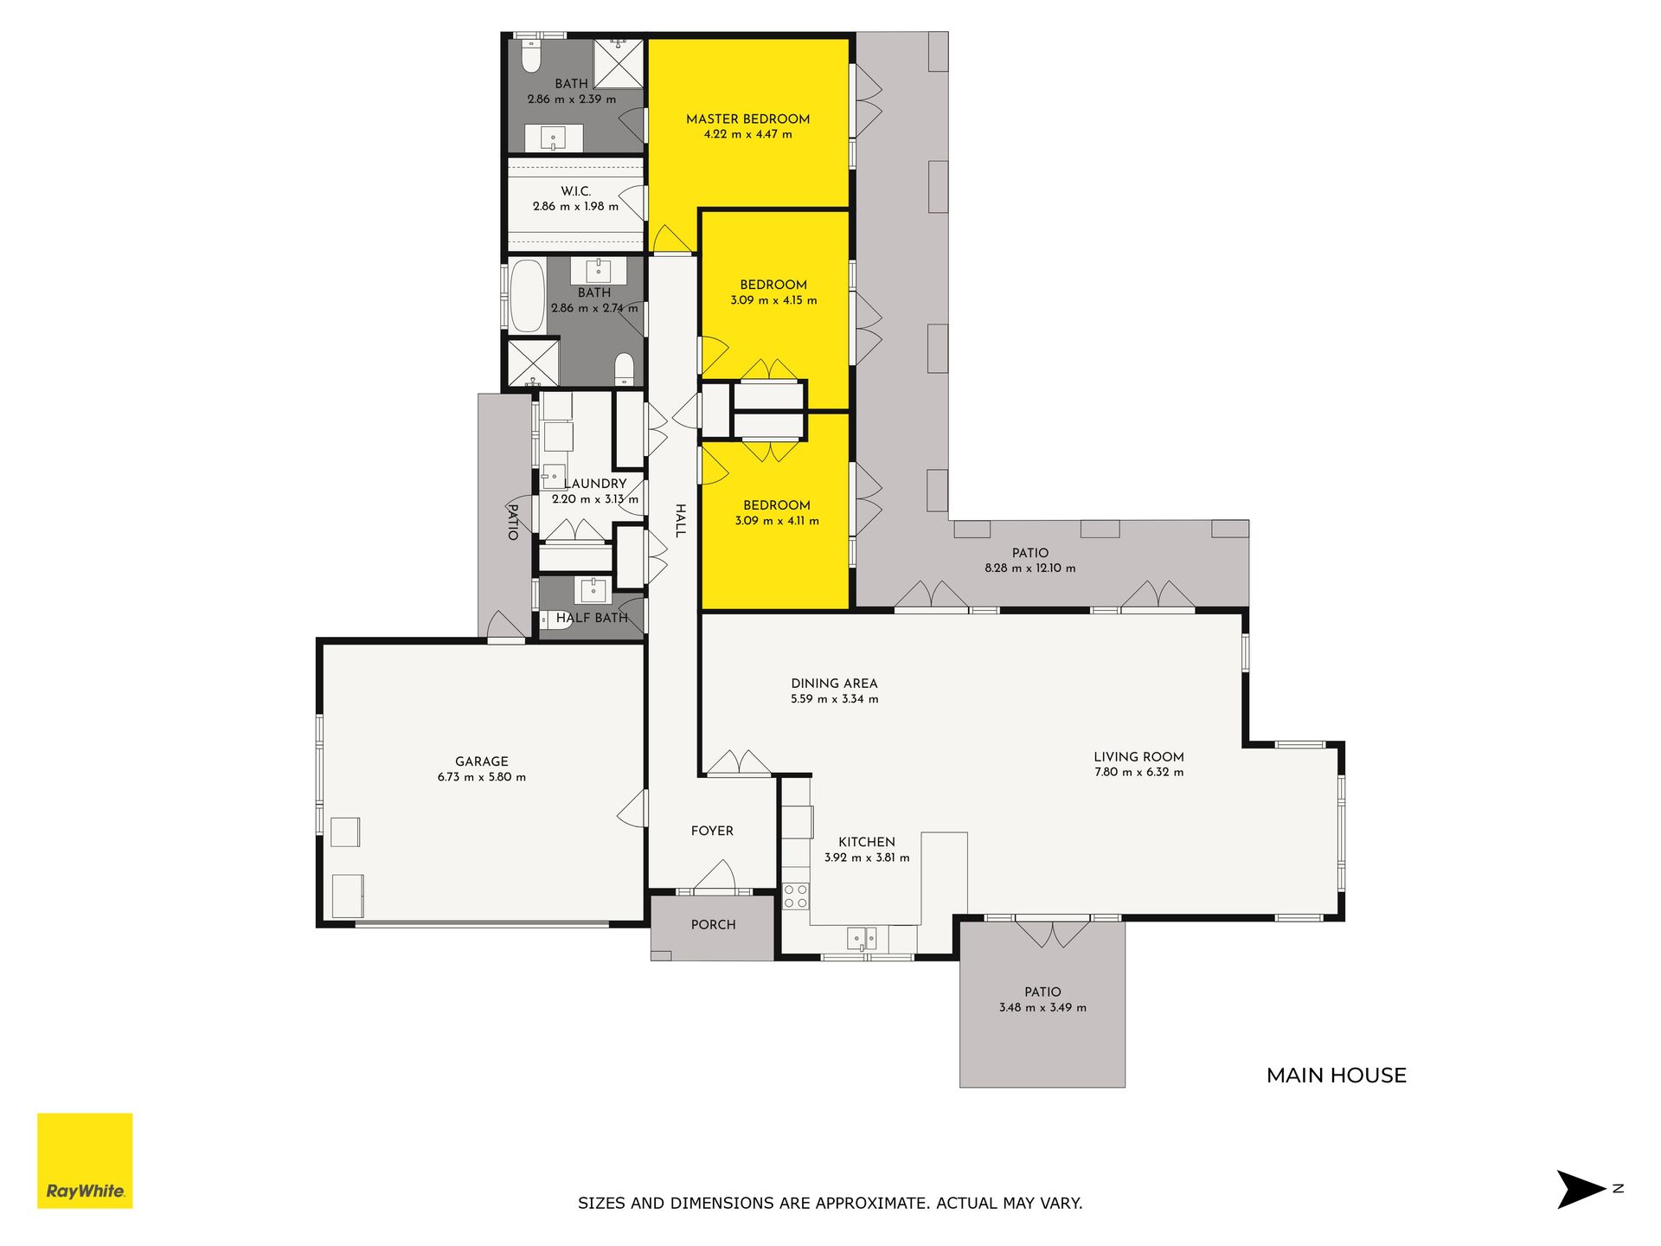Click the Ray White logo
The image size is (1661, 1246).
tap(85, 1160)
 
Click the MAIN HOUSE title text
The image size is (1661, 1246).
tap(1337, 1076)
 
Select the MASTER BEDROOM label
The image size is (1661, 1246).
tap(748, 119)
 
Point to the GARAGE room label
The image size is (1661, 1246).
tap(482, 761)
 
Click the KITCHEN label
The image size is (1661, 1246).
tap(867, 842)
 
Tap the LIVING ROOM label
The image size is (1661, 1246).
tap(1138, 757)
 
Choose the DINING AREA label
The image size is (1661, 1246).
tap(834, 684)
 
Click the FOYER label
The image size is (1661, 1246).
tap(712, 831)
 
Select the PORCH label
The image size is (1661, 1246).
tap(714, 925)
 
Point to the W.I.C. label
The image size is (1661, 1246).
tap(575, 191)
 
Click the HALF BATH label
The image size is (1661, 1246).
tap(592, 618)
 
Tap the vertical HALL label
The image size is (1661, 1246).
tap(681, 521)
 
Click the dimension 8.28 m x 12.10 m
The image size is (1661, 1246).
tap(1030, 568)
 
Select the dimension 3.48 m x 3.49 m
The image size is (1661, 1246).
tap(1042, 1008)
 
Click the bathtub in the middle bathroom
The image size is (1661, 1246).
tap(527, 296)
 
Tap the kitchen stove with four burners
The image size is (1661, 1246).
tap(796, 896)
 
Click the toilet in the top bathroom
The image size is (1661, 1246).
tap(531, 56)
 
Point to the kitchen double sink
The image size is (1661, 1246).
tap(862, 938)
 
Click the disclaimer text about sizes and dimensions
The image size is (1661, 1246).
tap(830, 1203)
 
